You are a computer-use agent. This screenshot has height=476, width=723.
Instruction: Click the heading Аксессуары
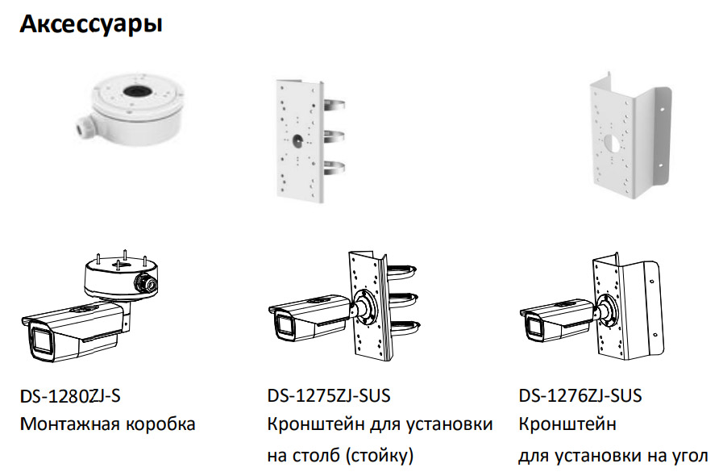91,24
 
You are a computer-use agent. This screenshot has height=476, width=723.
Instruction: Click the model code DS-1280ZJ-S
70,396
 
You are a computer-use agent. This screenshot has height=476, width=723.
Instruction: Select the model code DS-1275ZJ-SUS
329,396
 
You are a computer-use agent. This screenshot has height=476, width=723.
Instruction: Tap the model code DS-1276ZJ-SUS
580,396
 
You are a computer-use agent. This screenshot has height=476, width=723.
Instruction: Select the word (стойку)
379,456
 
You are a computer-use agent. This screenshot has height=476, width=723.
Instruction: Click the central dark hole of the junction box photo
135,91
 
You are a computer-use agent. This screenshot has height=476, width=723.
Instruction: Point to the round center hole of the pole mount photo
297,139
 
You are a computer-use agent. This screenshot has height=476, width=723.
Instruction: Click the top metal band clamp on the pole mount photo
334,105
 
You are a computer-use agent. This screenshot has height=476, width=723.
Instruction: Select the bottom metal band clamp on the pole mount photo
334,168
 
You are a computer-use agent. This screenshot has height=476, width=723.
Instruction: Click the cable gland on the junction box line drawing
146,282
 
